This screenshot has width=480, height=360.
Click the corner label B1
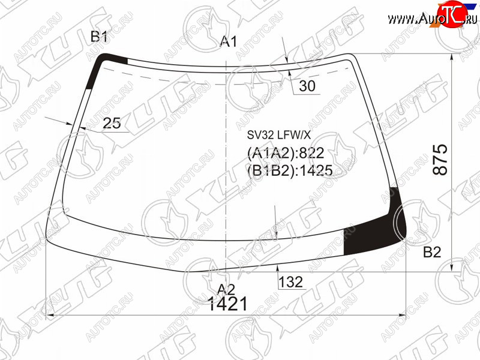pyautogui.click(x=99, y=37)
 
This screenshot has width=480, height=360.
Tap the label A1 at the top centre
pyautogui.click(x=229, y=41)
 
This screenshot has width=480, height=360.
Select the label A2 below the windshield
pyautogui.click(x=226, y=289)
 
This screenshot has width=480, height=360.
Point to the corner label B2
pyautogui.click(x=432, y=252)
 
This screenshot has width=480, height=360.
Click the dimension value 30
pyautogui.click(x=307, y=86)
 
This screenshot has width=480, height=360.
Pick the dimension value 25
pyautogui.click(x=112, y=123)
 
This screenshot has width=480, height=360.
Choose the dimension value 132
pyautogui.click(x=290, y=281)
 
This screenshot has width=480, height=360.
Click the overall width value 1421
pyautogui.click(x=227, y=304)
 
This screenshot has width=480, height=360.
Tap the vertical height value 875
pyautogui.click(x=440, y=160)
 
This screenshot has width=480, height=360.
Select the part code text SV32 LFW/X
pyautogui.click(x=279, y=134)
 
